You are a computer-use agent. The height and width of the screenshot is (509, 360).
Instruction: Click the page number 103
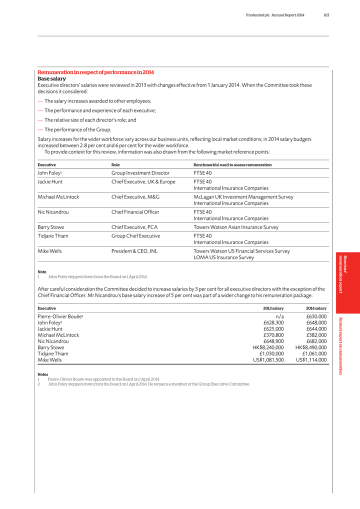[326, 15]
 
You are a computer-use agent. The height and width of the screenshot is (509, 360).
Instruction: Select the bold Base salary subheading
[52, 79]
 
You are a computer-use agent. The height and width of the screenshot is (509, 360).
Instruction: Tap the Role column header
[115, 164]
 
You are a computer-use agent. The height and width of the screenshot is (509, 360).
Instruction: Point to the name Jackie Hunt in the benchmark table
[51, 181]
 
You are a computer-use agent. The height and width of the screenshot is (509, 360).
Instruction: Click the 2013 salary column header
[273, 308]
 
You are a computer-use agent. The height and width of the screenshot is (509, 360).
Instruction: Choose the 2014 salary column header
[316, 308]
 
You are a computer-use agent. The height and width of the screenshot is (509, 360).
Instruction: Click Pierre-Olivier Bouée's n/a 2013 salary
[280, 316]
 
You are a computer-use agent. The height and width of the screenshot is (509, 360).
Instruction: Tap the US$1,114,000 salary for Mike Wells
[311, 359]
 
